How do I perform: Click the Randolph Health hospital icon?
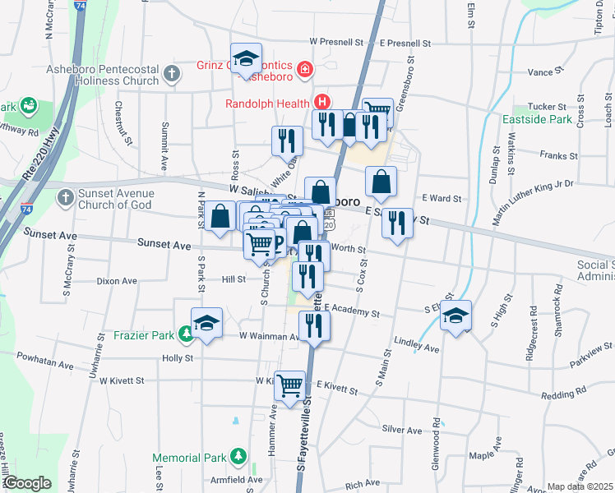323,103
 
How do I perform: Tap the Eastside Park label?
537,119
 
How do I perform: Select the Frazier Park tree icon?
187,333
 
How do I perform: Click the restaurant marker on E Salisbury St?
399,223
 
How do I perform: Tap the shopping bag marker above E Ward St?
381,182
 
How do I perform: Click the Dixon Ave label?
116,281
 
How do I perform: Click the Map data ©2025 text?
579,486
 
